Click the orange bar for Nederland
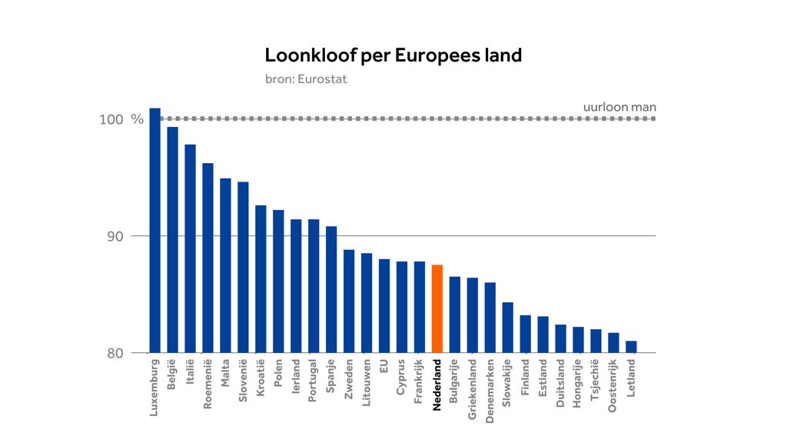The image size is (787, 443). pyautogui.click(x=437, y=308)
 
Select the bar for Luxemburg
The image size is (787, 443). pyautogui.click(x=154, y=230)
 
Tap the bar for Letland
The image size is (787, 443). pyautogui.click(x=631, y=347)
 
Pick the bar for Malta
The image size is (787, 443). pyautogui.click(x=225, y=265)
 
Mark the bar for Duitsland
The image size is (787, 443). pyautogui.click(x=560, y=338)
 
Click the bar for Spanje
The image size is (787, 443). pyautogui.click(x=331, y=289)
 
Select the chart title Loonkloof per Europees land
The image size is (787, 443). pyautogui.click(x=393, y=55)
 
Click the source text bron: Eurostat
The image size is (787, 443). pyautogui.click(x=306, y=78)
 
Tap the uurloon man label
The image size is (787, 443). pyautogui.click(x=619, y=107)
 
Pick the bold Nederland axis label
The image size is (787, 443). pyautogui.click(x=437, y=385)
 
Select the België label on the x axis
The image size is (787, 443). pyautogui.click(x=172, y=377)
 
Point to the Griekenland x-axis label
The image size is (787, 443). pyautogui.click(x=473, y=388)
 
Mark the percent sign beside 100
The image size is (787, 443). pyautogui.click(x=137, y=120)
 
